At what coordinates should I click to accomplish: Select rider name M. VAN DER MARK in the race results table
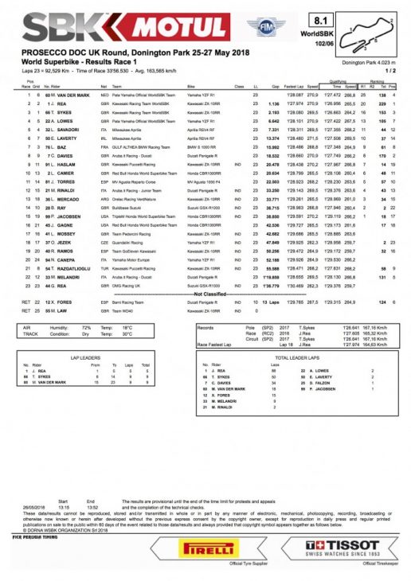pyautogui.click(x=69, y=95)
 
